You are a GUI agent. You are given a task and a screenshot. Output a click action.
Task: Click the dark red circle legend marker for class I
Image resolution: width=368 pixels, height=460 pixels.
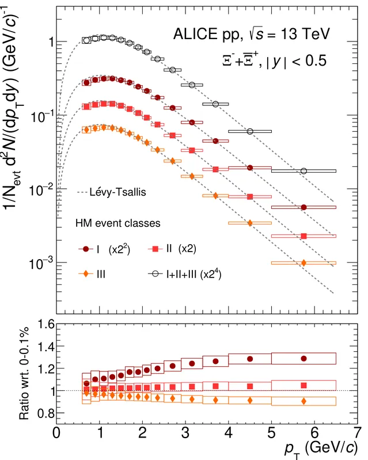click(86, 249)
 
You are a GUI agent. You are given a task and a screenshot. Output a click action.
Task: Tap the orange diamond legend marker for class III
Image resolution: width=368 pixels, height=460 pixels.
click(86, 274)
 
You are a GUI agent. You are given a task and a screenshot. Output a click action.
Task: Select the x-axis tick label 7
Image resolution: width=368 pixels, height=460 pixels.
click(357, 432)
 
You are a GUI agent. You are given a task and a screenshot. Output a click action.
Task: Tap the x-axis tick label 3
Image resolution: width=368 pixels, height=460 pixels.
click(185, 432)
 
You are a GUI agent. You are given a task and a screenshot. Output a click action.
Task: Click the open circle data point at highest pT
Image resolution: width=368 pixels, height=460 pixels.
click(303, 171)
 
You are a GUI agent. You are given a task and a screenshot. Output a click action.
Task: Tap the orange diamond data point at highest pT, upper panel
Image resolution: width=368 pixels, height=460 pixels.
click(303, 263)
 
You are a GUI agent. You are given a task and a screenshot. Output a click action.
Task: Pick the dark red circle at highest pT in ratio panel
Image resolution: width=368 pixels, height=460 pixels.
click(303, 358)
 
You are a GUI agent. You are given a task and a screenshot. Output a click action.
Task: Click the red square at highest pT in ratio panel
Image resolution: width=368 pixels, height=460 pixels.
click(303, 385)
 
